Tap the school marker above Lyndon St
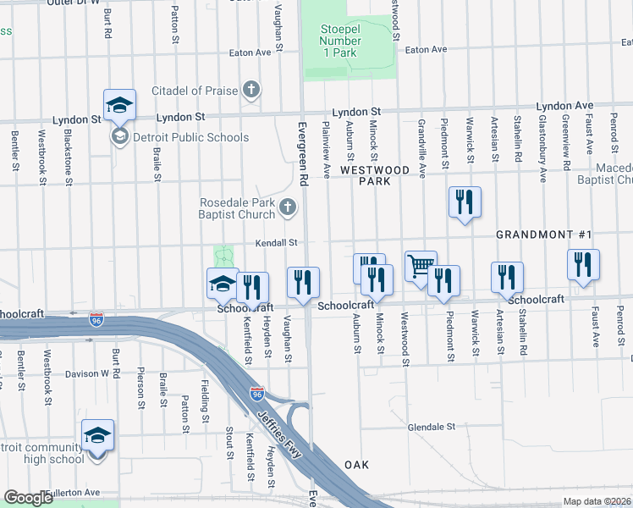click(119, 105)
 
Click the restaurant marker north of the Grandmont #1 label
click(465, 202)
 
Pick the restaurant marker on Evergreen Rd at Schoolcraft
click(303, 283)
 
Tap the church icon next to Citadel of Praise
click(250, 90)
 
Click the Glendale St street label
click(432, 427)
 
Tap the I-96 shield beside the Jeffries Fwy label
click(256, 395)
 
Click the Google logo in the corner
click(28, 498)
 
